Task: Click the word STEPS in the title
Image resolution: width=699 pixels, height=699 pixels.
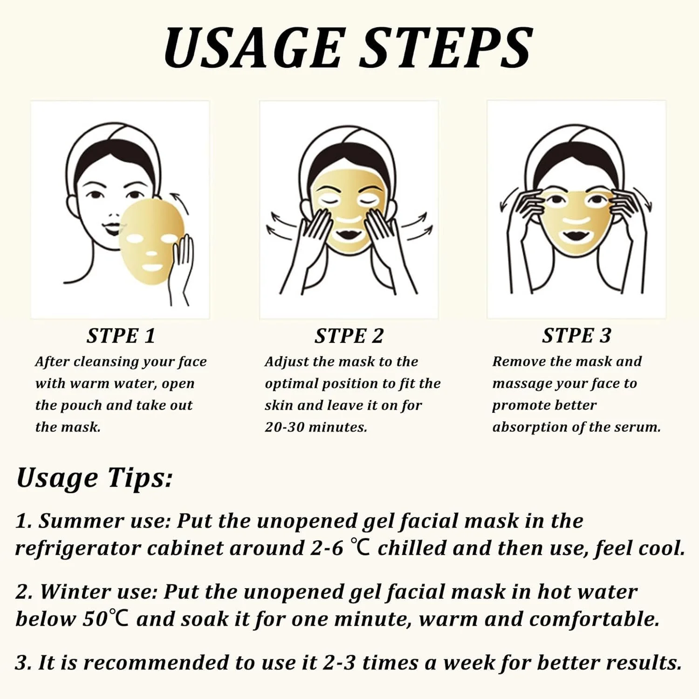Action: click(446, 48)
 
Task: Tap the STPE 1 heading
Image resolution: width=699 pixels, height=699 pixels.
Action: click(121, 336)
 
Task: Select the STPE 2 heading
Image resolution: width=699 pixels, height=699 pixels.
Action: click(349, 336)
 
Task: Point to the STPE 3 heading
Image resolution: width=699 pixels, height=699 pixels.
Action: click(576, 336)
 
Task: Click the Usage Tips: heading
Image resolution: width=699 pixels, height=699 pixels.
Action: click(94, 479)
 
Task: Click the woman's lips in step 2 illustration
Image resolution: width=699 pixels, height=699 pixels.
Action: click(349, 232)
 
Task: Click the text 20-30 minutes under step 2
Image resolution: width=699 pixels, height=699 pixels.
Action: click(316, 427)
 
